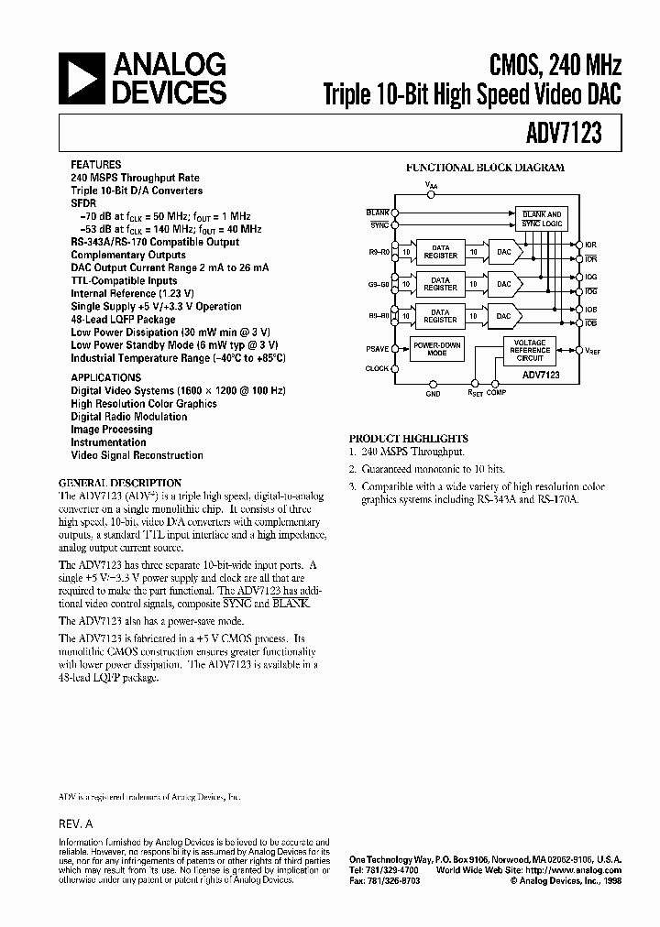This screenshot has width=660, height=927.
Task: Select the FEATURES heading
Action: coord(95,164)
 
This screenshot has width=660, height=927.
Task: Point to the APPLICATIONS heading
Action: coord(105,377)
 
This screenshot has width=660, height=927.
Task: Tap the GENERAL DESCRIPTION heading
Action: coord(120,483)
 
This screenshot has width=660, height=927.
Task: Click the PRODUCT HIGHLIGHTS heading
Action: coord(408,438)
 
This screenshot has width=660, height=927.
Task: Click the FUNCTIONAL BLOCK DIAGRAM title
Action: coord(485,168)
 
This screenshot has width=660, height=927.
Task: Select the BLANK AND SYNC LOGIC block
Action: coord(542,219)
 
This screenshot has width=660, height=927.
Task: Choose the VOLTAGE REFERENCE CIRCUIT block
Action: coord(530,350)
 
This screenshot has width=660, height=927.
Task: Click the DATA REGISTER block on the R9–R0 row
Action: coord(440,250)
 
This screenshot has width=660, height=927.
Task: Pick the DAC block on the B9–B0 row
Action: coord(503,315)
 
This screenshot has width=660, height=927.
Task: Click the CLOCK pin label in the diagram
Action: coord(377,368)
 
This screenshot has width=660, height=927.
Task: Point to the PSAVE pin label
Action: coord(377,348)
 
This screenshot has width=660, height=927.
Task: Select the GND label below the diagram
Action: coord(433,393)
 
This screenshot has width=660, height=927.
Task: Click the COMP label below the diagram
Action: coord(496,393)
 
